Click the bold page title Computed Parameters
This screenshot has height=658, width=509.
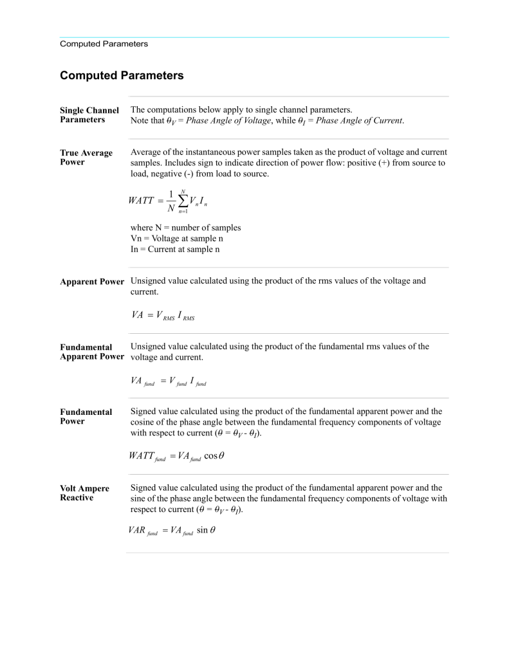click(122, 75)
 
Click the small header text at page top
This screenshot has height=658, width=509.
click(104, 44)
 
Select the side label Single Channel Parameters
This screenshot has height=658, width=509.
click(89, 115)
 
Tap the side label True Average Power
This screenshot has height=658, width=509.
click(86, 158)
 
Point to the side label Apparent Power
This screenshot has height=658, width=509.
click(92, 282)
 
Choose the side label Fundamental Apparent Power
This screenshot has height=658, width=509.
click(92, 352)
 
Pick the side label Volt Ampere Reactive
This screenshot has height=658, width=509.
click(84, 493)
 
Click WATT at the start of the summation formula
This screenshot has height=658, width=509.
click(141, 201)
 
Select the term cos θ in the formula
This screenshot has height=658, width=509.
click(213, 456)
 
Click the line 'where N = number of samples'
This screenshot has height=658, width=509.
click(185, 228)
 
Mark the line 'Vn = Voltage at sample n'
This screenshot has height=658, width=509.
click(177, 238)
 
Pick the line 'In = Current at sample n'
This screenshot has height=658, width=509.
click(175, 249)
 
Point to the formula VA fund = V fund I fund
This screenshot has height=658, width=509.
click(168, 381)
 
